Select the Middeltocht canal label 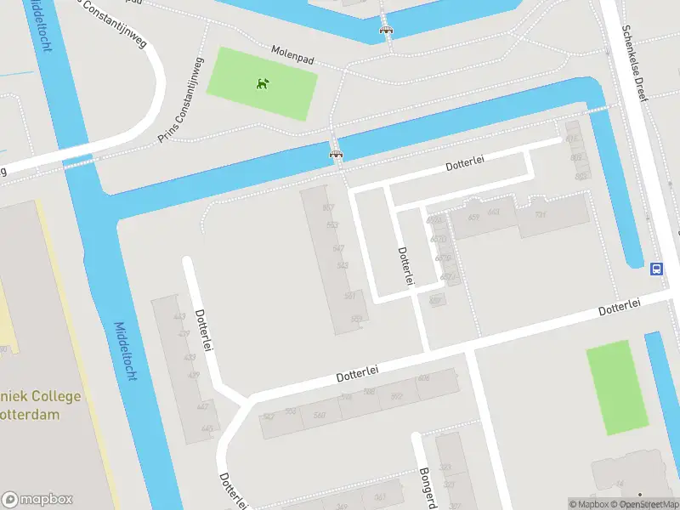[124, 351]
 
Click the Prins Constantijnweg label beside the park [181, 100]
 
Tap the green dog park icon [263, 83]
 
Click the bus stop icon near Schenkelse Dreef [656, 269]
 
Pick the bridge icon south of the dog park [336, 154]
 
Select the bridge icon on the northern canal [387, 31]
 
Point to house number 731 [539, 215]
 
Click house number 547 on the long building [338, 248]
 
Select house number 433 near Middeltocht [189, 357]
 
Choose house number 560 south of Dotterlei [320, 415]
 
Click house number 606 [423, 378]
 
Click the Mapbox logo [37, 500]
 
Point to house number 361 [380, 497]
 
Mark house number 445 [207, 428]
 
